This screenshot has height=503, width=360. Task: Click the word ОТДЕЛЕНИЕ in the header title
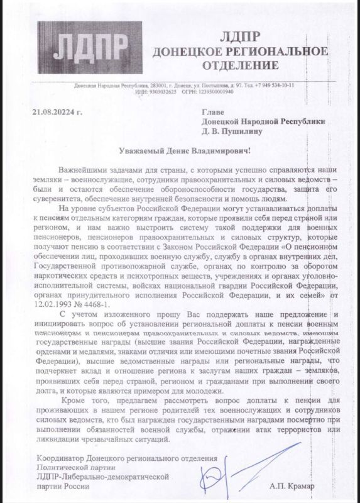(241, 64)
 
